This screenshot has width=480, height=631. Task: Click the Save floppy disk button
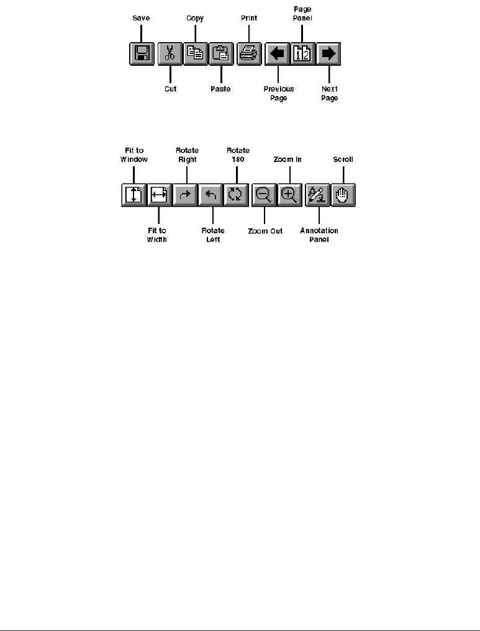click(142, 54)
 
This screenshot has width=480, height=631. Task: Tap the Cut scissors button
click(170, 54)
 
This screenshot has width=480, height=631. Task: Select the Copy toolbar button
click(195, 54)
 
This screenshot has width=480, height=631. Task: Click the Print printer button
click(249, 54)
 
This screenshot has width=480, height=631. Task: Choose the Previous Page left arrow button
click(278, 54)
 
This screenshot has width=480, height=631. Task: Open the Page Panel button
click(304, 54)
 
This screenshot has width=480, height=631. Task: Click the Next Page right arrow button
click(329, 54)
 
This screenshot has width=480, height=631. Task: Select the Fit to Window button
click(134, 195)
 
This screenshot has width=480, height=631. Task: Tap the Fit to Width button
click(159, 195)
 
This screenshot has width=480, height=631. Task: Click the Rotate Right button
click(185, 195)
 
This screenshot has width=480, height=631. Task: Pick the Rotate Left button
click(211, 195)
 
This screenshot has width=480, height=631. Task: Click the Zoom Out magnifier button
click(264, 195)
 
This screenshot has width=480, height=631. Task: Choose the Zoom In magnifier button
click(289, 195)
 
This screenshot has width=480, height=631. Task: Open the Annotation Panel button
click(317, 195)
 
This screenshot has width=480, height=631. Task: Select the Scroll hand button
click(343, 195)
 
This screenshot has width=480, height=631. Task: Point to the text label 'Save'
click(141, 19)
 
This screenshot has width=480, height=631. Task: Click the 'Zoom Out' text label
click(265, 231)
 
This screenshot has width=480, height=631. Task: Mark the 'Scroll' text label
click(343, 159)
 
